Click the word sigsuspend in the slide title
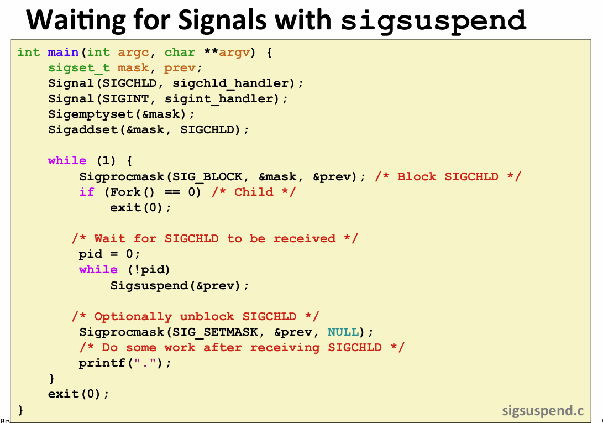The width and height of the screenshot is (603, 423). (433, 21)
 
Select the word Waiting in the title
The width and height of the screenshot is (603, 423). (76, 20)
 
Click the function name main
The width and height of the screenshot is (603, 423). (63, 52)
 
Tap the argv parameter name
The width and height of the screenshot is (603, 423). (234, 52)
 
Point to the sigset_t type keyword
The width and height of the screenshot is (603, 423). (79, 68)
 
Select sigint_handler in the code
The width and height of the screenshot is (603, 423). (222, 98)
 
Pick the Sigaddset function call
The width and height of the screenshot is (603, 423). (149, 130)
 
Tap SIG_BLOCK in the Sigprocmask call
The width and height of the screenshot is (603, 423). (207, 177)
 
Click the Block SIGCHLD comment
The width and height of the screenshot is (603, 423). (448, 177)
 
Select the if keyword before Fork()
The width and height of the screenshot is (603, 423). (87, 192)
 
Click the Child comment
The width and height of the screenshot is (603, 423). (254, 192)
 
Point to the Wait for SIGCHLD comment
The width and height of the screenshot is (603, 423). (215, 239)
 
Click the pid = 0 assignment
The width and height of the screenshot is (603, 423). (109, 254)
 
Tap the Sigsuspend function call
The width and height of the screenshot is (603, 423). (180, 285)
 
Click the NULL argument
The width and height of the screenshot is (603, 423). (343, 332)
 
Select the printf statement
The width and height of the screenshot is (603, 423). (125, 363)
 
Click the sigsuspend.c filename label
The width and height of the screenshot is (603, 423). (543, 411)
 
